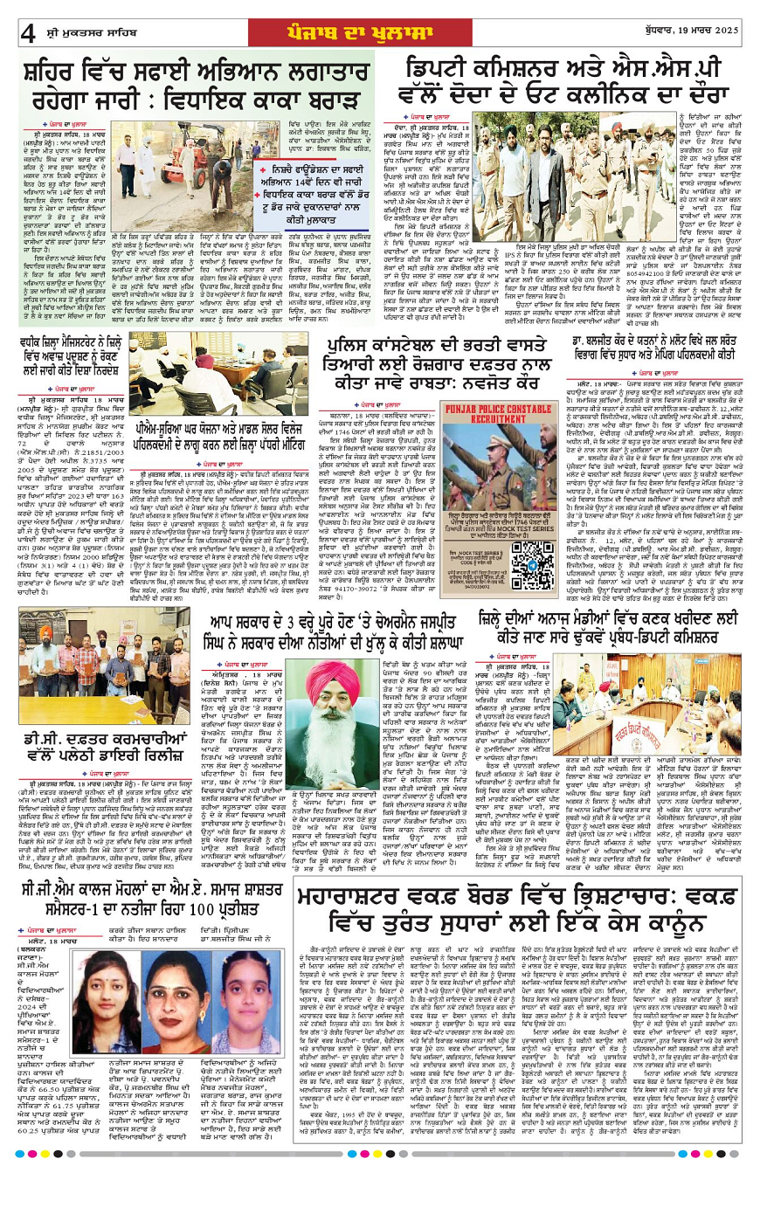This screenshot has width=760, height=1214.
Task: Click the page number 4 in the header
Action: click(x=28, y=33)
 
